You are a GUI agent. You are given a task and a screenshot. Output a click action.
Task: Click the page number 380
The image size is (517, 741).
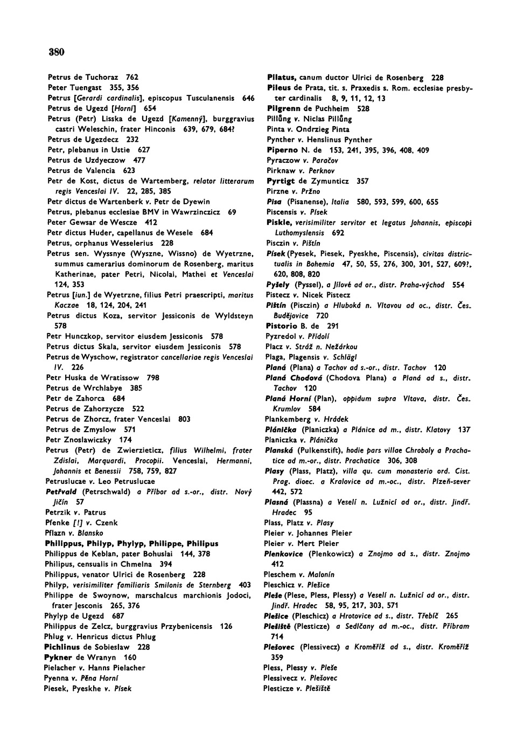pos(57,52)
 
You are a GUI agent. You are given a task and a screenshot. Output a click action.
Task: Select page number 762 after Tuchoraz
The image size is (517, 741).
pos(132,78)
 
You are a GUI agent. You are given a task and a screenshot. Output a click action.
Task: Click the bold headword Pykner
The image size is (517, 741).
pos(58,657)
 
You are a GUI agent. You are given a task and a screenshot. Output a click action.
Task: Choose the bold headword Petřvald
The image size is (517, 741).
pos(61,491)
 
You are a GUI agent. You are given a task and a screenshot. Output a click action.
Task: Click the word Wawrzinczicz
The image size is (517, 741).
pos(195,212)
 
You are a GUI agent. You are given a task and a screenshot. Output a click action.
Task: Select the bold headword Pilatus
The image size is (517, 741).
pos(283,78)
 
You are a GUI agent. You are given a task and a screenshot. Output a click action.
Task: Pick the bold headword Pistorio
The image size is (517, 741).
pos(283,326)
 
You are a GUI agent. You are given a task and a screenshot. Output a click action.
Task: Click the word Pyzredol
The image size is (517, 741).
pos(281,336)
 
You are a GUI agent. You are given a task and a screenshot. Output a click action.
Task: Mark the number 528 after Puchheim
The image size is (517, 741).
pos(364,108)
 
